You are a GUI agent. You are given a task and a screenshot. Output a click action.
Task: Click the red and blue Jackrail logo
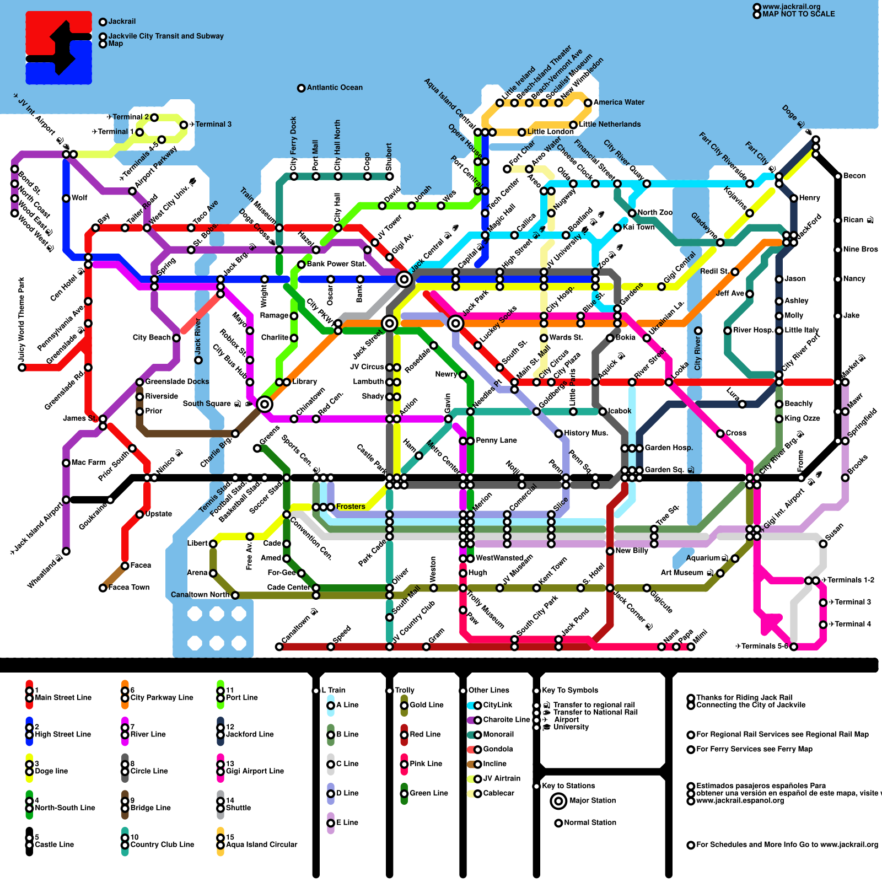tap(58, 48)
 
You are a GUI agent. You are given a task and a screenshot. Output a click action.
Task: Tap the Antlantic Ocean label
tap(335, 88)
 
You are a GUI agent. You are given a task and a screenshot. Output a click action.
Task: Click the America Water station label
tap(619, 103)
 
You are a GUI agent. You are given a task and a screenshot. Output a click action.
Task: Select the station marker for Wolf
tap(66, 198)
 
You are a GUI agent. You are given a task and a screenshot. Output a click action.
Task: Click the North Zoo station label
tap(655, 213)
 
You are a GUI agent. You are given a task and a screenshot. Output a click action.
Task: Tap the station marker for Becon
tap(838, 176)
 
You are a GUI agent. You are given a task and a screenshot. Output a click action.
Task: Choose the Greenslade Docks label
tap(177, 381)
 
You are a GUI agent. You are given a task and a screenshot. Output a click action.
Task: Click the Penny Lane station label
tap(496, 440)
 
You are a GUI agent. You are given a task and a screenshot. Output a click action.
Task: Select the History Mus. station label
tap(586, 433)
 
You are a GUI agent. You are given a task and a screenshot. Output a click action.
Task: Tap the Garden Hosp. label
tap(669, 448)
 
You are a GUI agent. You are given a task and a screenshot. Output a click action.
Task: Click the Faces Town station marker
tap(103, 588)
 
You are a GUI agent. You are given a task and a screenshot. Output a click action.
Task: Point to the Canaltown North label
tap(200, 595)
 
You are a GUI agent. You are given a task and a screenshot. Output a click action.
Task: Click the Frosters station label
tap(351, 507)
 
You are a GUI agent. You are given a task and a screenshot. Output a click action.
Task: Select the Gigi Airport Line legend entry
tap(255, 771)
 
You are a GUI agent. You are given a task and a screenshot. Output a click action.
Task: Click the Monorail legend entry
tap(498, 735)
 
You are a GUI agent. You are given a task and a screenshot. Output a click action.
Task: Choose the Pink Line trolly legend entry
tap(426, 764)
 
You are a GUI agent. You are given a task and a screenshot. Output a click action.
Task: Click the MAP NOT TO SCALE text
tap(798, 14)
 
